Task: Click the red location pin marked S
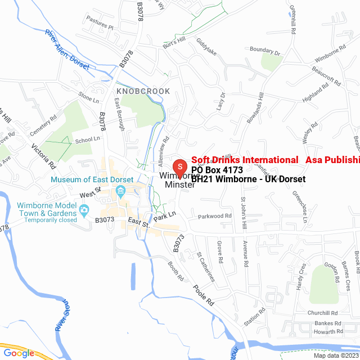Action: pyautogui.click(x=179, y=167)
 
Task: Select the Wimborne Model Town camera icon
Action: pyautogui.click(x=84, y=211)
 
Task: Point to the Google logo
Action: pyautogui.click(x=19, y=353)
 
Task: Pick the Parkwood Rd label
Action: pyautogui.click(x=214, y=216)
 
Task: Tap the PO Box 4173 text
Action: pyautogui.click(x=217, y=170)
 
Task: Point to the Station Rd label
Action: pyautogui.click(x=254, y=318)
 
